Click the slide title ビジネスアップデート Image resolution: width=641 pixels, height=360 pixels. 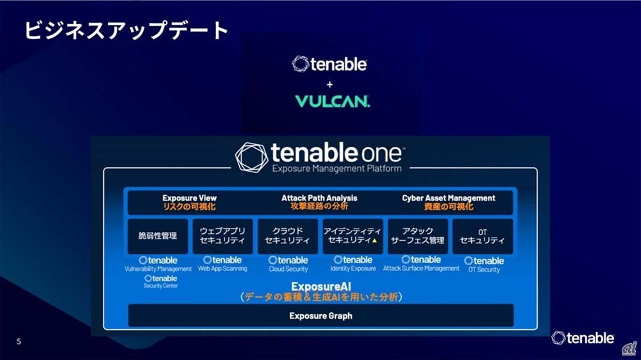(x=126, y=31)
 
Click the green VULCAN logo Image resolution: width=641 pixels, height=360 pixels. (x=332, y=101)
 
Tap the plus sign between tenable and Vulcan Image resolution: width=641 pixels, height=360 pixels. (x=329, y=85)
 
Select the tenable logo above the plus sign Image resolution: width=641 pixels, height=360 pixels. (x=329, y=64)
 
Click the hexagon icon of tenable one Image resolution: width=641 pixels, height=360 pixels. (x=251, y=158)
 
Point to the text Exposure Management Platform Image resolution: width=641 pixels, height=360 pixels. (x=337, y=168)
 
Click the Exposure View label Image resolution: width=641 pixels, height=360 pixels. (x=189, y=198)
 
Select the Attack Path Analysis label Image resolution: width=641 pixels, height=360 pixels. (x=319, y=198)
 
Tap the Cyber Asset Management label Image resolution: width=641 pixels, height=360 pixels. (x=449, y=198)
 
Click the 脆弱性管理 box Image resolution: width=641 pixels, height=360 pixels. (x=158, y=236)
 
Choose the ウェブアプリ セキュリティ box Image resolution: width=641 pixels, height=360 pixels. (x=222, y=236)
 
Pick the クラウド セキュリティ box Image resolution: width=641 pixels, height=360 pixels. (x=287, y=236)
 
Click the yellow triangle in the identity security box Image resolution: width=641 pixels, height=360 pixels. (x=374, y=241)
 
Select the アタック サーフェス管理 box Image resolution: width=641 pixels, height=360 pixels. (x=417, y=236)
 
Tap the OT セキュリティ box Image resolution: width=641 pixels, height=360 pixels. (x=483, y=236)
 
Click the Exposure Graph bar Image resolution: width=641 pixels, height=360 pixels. (x=321, y=315)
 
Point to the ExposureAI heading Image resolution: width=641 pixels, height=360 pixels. (x=321, y=286)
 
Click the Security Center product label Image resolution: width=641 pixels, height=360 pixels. (x=161, y=286)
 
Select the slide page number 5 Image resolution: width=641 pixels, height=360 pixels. (x=19, y=341)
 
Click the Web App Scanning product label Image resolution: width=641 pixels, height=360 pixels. (x=222, y=268)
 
